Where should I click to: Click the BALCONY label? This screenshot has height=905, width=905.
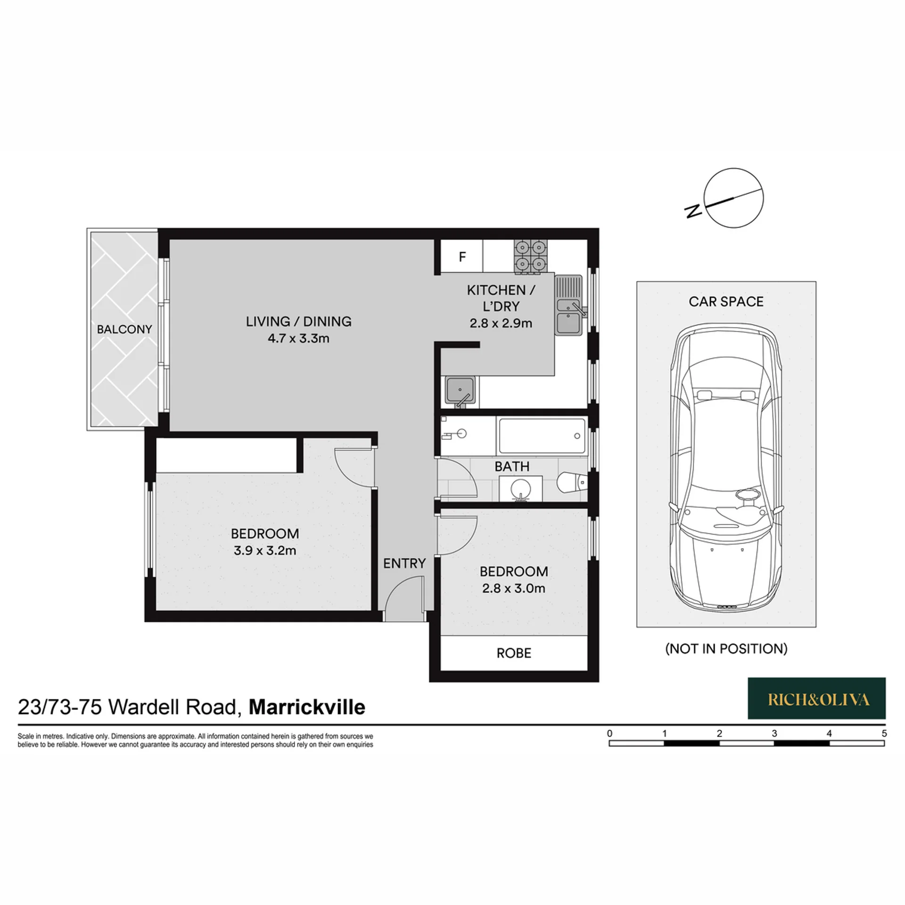point(124,329)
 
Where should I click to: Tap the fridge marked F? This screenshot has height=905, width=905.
point(462,256)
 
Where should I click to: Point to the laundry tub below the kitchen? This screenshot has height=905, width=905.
point(461,392)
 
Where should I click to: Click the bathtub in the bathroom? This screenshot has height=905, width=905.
point(542,436)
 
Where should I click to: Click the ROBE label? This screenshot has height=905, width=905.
point(514,653)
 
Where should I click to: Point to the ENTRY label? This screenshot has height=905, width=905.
point(404,563)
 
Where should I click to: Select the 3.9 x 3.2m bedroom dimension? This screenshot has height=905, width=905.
point(265,551)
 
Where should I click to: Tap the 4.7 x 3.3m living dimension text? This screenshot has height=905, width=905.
point(298,338)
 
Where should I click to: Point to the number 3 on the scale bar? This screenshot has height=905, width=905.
point(774,733)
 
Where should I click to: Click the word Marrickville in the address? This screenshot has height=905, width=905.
point(307,707)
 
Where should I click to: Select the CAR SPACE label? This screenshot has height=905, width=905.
point(726,302)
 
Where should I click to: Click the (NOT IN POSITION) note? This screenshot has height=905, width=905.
point(726,649)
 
